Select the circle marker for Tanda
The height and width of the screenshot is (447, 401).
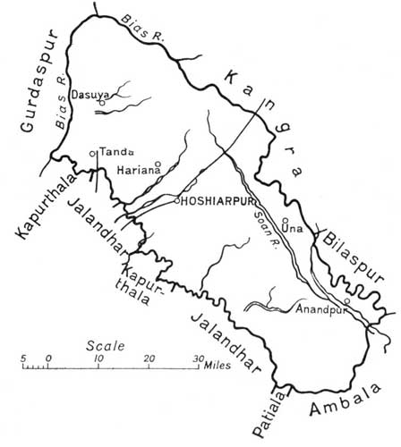[92, 154]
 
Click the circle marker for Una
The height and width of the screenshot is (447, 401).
[284, 220]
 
